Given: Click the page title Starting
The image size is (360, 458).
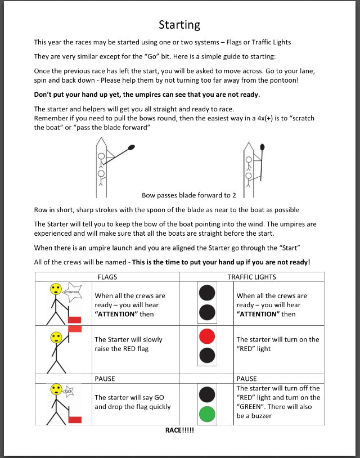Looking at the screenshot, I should point(179,25).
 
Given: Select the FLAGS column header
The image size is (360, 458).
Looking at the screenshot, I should point(107,277).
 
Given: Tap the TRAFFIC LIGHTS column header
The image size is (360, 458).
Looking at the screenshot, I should point(251,277).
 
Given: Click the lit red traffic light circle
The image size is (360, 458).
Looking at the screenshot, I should point(208,336).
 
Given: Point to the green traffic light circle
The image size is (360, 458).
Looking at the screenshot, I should point(208,415).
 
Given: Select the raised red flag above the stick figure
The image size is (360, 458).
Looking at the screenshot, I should point(75,329).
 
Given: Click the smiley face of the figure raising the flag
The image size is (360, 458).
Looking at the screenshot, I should point(56,338).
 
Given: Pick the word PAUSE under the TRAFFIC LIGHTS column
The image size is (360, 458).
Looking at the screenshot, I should point(247,379).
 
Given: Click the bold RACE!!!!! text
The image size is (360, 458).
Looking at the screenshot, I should point(179,430).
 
